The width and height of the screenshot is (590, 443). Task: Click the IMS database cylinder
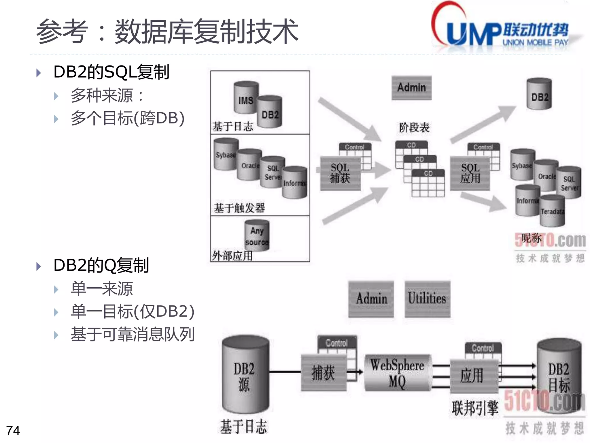pos(245,98)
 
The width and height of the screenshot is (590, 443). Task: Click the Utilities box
pos(427,299)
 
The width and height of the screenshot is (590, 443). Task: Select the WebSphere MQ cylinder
pos(397,373)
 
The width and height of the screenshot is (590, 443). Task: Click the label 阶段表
pos(414,127)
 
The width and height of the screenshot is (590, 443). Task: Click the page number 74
pos(13,431)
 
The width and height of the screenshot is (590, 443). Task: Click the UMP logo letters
pos(472,34)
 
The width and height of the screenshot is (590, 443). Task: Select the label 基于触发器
pos(239,208)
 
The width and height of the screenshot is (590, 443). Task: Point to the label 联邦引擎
pos(475,408)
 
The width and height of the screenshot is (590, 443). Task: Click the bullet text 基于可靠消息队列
pos(133,335)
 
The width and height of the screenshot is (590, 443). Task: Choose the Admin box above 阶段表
pos(411,88)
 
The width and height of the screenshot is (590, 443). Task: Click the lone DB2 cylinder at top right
pos(539,95)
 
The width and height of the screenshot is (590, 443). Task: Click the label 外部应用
pos(232,256)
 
